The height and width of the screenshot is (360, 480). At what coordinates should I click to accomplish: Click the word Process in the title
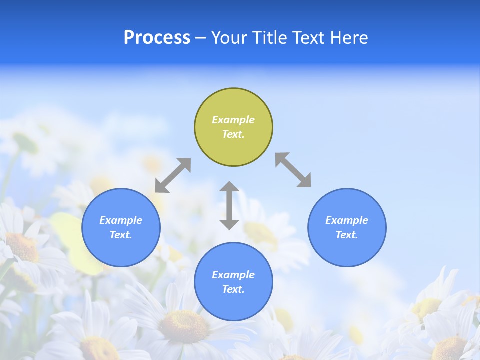pyautogui.click(x=157, y=38)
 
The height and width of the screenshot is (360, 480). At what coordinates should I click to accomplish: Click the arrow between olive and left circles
pyautogui.click(x=173, y=175)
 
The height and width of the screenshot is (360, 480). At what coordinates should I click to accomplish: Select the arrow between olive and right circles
pyautogui.click(x=293, y=170)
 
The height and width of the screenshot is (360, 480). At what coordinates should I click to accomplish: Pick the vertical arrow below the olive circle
pyautogui.click(x=229, y=205)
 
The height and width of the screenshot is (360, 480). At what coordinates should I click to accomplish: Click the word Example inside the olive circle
pyautogui.click(x=233, y=120)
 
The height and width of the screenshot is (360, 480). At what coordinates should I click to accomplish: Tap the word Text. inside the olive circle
pyautogui.click(x=233, y=134)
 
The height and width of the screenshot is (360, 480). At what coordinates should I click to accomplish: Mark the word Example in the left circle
pyautogui.click(x=121, y=220)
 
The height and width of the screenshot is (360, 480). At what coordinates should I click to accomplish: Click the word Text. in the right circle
pyautogui.click(x=347, y=235)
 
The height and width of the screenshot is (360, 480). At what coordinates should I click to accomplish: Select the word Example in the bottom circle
pyautogui.click(x=233, y=275)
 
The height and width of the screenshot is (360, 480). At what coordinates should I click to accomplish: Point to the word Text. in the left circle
pyautogui.click(x=121, y=235)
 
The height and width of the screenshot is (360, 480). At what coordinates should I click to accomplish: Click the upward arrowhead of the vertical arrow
pyautogui.click(x=229, y=187)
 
